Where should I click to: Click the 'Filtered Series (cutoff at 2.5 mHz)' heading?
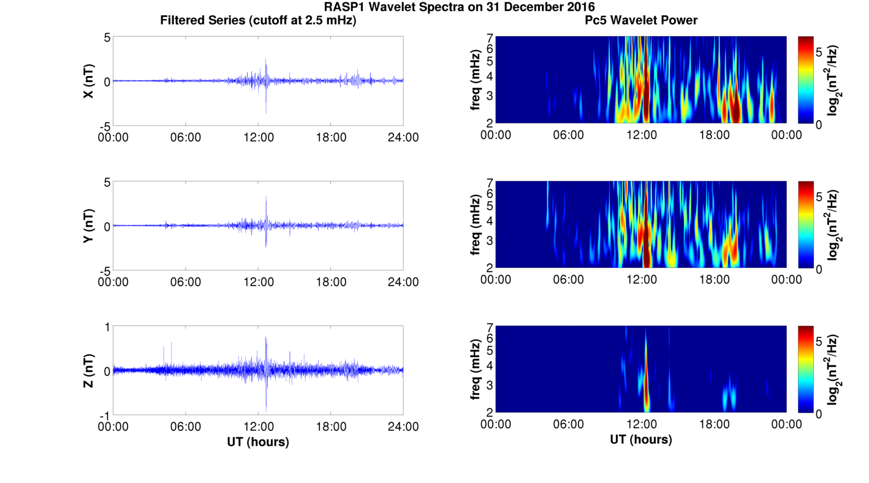coord(258,20)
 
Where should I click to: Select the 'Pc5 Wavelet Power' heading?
coord(640,20)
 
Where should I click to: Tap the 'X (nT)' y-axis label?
coord(88,81)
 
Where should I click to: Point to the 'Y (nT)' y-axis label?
coord(88,226)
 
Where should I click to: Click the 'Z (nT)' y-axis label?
coord(88,371)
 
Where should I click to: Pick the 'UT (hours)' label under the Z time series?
coord(258,441)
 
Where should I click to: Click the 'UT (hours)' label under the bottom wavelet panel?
coord(640,439)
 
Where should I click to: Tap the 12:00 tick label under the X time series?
coord(258,137)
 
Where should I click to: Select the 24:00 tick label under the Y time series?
coord(403,282)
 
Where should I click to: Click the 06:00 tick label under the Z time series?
coord(186,427)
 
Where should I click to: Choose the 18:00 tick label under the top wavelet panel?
coord(714,135)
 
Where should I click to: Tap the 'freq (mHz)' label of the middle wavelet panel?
coord(476,225)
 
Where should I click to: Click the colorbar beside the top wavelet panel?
coord(805,80)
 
